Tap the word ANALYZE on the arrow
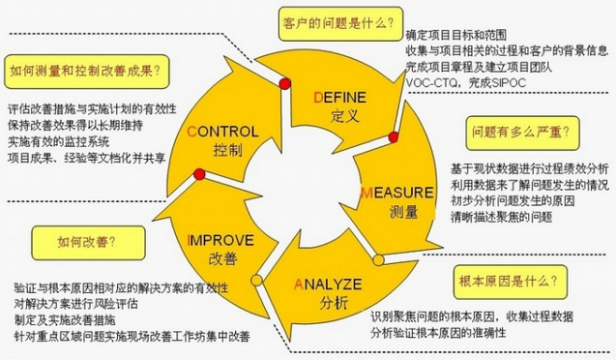(326, 284)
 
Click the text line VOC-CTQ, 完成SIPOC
(458, 84)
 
